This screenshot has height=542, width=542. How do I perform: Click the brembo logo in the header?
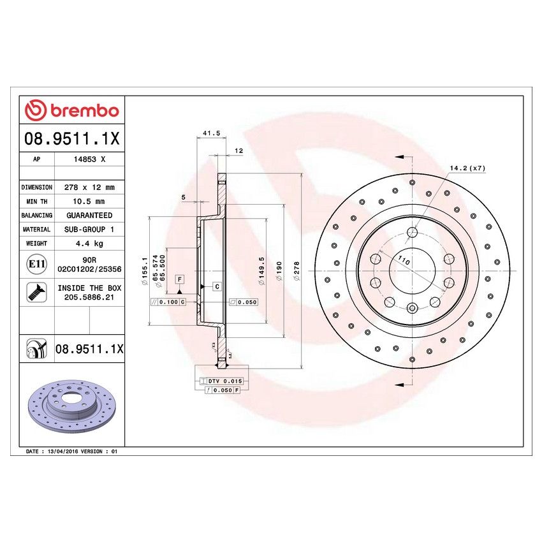(71, 111)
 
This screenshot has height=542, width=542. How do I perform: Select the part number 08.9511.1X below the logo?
(71, 138)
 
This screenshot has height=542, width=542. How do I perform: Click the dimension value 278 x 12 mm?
(89, 187)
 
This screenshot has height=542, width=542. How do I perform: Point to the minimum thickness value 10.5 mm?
(89, 201)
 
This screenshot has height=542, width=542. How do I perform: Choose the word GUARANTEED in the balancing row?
(89, 216)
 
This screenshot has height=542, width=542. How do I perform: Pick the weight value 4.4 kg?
(89, 243)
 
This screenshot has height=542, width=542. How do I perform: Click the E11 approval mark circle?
(36, 264)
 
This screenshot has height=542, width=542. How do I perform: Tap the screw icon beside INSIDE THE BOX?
(36, 292)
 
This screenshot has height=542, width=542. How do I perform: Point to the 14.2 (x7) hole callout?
(467, 168)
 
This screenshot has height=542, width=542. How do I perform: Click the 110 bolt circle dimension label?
(402, 260)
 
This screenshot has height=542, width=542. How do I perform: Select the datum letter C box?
(216, 287)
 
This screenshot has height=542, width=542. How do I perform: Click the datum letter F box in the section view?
(180, 280)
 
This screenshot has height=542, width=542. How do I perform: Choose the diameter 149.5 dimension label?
(261, 268)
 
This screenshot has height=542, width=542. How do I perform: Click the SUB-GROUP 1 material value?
(89, 229)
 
